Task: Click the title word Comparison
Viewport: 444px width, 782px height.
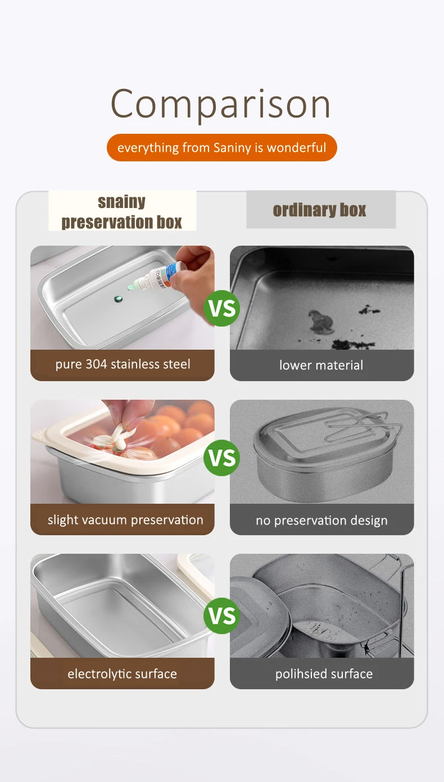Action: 220,104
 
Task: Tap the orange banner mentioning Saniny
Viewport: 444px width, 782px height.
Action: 221,147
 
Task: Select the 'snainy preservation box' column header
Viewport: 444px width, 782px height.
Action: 122,211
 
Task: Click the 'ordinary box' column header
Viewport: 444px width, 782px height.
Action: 321,210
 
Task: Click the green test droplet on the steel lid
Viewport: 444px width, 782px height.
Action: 117,299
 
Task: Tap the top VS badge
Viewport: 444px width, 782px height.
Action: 221,308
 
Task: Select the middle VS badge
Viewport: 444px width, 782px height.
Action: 221,458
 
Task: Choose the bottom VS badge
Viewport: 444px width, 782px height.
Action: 221,616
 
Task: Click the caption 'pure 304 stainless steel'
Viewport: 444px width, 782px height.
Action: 123,364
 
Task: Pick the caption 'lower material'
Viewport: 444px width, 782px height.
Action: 321,365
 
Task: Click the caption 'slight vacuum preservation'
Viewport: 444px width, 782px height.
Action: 125,520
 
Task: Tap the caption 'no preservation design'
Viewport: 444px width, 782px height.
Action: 321,521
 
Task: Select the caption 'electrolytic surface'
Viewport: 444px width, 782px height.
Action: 122,673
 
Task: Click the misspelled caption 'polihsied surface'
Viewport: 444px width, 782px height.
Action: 324,673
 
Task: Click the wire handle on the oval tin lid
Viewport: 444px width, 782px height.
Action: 363,426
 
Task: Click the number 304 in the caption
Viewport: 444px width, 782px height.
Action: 96,364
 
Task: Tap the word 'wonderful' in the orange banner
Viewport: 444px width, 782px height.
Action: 296,147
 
